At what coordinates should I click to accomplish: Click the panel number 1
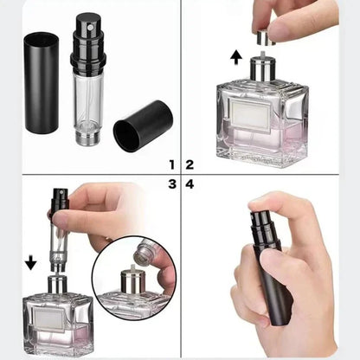pyautogui.click(x=171, y=164)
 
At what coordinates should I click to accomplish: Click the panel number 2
pyautogui.click(x=190, y=164)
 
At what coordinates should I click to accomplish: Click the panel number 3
pyautogui.click(x=171, y=183)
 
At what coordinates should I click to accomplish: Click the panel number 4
pyautogui.click(x=190, y=183)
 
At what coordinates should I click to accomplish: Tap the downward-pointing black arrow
pyautogui.click(x=32, y=261)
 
